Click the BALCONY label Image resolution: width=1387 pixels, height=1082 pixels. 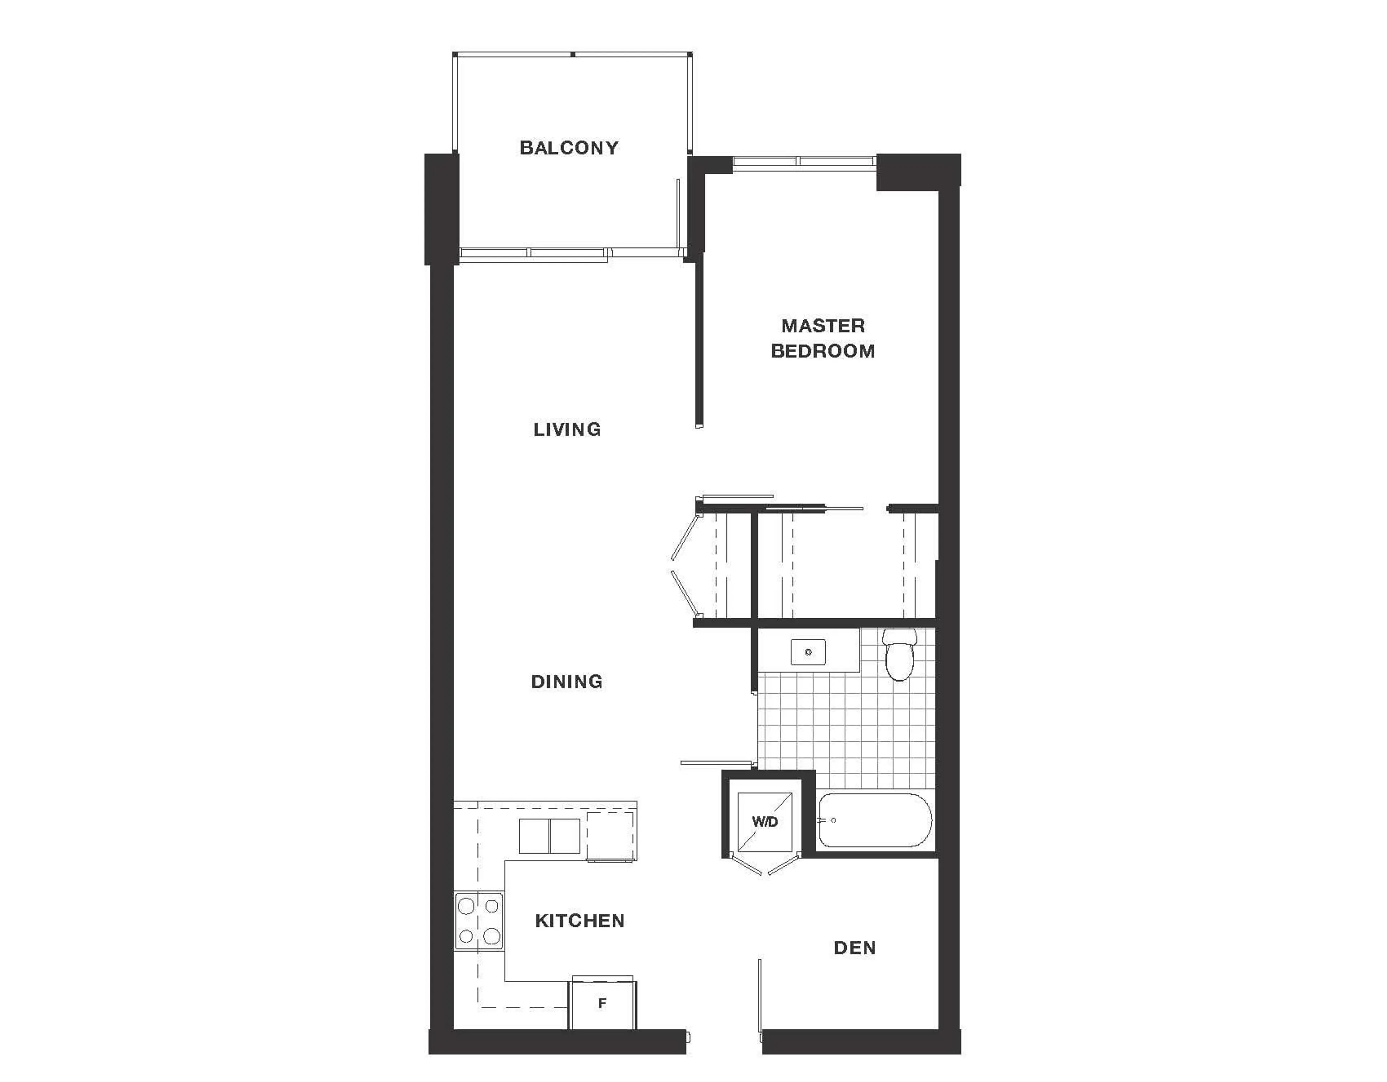point(569,148)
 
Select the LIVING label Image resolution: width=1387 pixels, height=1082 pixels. point(567,430)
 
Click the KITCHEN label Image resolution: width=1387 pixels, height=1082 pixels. point(579,921)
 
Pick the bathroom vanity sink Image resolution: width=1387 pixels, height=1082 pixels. point(808,652)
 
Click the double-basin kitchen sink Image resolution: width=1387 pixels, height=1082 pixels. point(549,836)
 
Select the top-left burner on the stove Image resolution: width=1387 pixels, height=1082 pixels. point(467,906)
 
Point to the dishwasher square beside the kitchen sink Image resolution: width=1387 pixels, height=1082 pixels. point(610,836)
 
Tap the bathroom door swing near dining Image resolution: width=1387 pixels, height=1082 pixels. point(718,762)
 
